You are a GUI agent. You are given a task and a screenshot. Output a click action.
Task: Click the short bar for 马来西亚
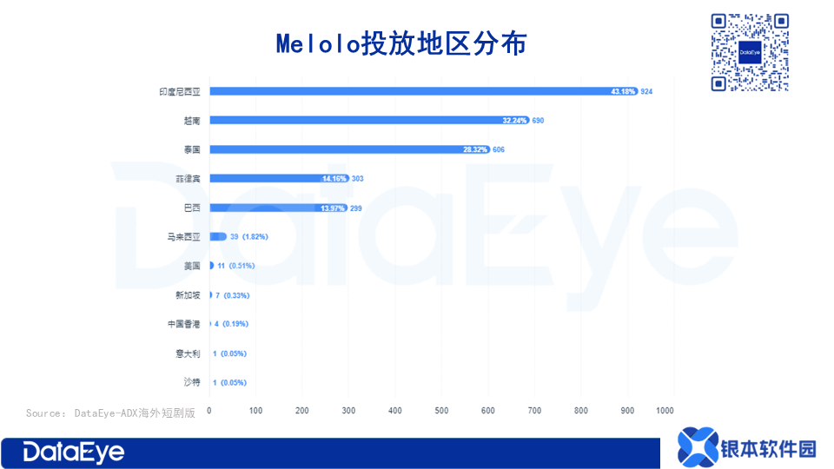click(x=218, y=236)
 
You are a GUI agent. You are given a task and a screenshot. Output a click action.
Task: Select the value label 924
click(x=646, y=91)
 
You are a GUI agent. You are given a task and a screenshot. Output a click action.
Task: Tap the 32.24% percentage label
click(x=515, y=121)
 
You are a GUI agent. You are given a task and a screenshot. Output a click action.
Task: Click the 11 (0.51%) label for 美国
click(x=235, y=266)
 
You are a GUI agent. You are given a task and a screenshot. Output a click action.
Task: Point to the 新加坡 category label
click(x=188, y=295)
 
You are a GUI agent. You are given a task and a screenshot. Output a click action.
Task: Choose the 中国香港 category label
click(x=184, y=324)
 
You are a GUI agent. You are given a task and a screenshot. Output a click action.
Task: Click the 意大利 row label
click(x=188, y=353)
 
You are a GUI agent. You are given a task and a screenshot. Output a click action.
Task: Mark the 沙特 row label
click(x=191, y=382)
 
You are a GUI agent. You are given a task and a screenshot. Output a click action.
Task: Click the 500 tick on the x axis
click(x=441, y=410)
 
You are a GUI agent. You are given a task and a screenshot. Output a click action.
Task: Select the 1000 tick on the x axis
click(x=665, y=410)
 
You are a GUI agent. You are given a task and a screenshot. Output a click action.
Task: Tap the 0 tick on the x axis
click(x=209, y=410)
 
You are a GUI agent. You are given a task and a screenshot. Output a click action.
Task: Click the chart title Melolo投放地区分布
click(x=401, y=43)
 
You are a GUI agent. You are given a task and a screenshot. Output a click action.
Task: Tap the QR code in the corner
click(x=750, y=51)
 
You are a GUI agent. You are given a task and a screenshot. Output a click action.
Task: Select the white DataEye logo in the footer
click(x=74, y=452)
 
